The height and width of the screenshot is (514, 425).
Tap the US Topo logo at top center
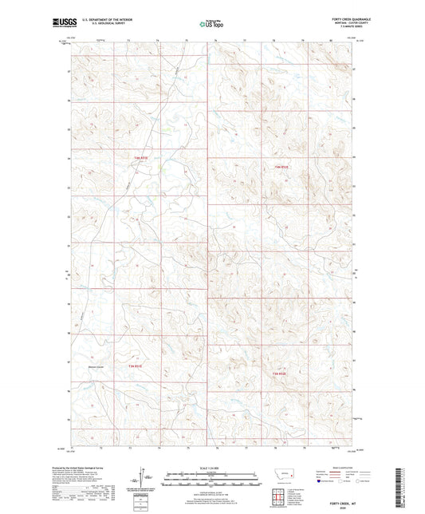pos(211,24)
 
